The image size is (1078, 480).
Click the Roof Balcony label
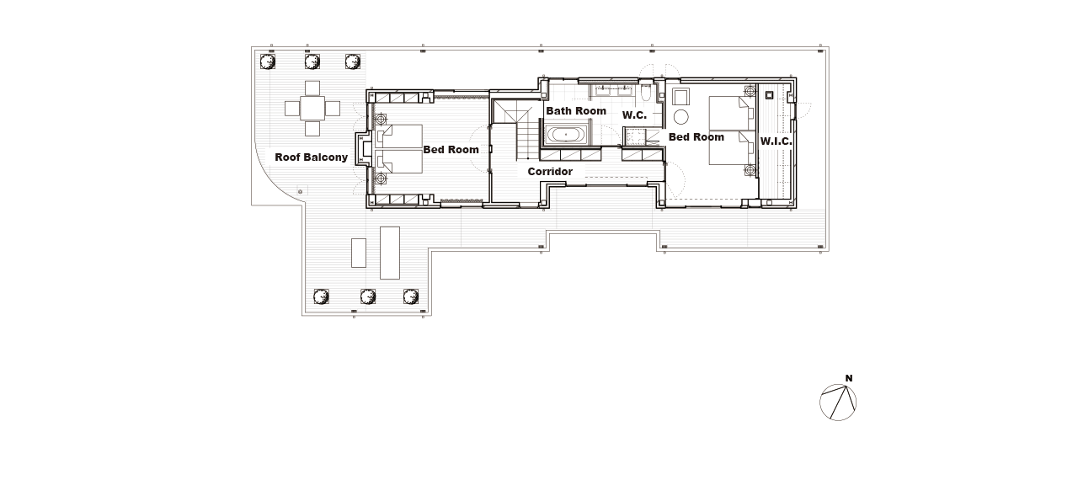click(311, 157)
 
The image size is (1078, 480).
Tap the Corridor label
click(550, 172)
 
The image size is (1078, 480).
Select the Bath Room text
click(576, 111)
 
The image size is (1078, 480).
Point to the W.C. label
click(634, 115)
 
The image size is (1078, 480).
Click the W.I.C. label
click(776, 141)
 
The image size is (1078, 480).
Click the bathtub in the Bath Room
click(566, 135)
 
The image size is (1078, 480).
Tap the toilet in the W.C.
click(646, 92)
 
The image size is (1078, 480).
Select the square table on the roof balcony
click(312, 109)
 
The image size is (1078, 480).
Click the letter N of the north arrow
click(849, 378)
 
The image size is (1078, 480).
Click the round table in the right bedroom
click(681, 116)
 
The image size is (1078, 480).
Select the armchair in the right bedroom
click(681, 97)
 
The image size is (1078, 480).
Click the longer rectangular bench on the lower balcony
click(390, 253)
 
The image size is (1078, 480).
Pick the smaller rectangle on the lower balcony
click(359, 253)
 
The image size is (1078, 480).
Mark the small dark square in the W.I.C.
click(769, 95)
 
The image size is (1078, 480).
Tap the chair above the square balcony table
click(312, 88)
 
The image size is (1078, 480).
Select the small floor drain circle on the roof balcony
click(301, 192)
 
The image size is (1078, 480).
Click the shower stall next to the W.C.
click(635, 136)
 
